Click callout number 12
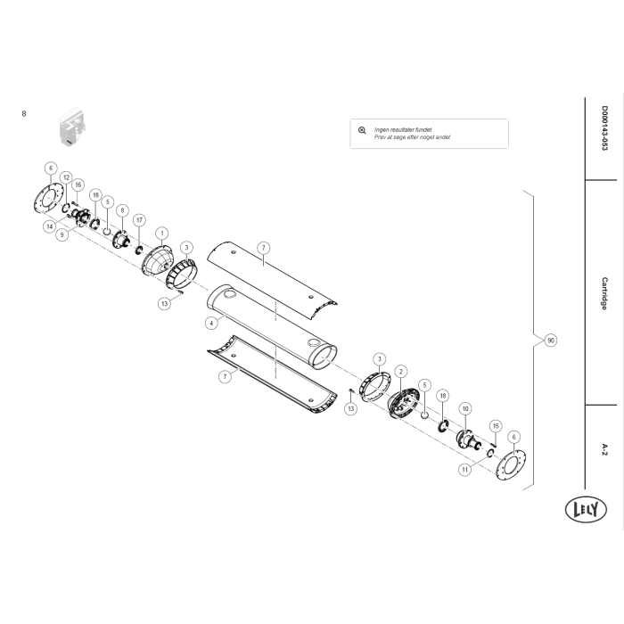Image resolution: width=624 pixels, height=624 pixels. (x=65, y=177)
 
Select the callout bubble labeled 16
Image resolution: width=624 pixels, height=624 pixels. (x=78, y=185)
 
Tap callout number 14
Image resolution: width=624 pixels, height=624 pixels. (x=50, y=226)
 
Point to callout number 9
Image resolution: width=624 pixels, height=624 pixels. (x=62, y=236)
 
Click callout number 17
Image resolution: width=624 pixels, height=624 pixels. (x=139, y=219)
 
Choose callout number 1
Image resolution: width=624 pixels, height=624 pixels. (x=162, y=232)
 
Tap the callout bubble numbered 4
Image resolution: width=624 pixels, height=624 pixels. (x=210, y=322)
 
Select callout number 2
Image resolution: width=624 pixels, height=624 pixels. (x=401, y=370)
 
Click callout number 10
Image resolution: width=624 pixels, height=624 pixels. (x=464, y=407)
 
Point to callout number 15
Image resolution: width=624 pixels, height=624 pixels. (x=497, y=425)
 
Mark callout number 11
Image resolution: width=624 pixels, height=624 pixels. (x=465, y=468)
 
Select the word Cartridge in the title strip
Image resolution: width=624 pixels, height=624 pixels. (x=604, y=291)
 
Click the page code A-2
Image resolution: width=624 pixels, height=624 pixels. (x=604, y=447)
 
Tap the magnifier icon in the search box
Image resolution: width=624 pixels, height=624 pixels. (x=361, y=129)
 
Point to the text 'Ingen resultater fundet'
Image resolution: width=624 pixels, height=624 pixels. (x=402, y=129)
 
